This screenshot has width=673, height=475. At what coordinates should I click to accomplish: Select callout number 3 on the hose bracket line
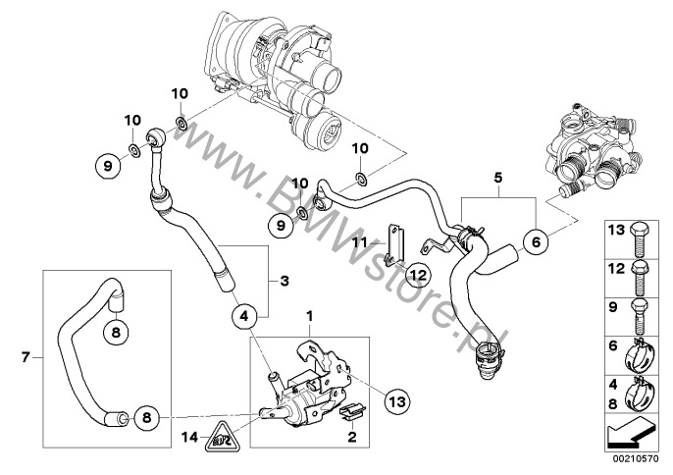tap(285, 282)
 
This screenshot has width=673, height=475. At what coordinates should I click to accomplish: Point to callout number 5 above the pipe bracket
tap(498, 180)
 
